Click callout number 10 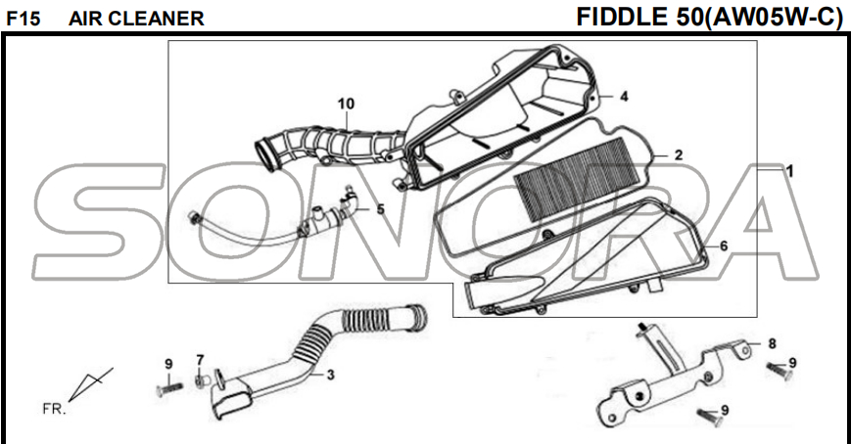pos(345,104)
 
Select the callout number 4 pos(623,96)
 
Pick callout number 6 pos(723,245)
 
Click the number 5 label pos(381,208)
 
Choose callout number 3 pos(330,375)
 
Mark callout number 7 pos(200,359)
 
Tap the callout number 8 pos(772,343)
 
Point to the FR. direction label pos(54,407)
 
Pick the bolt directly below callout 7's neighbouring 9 pos(167,388)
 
